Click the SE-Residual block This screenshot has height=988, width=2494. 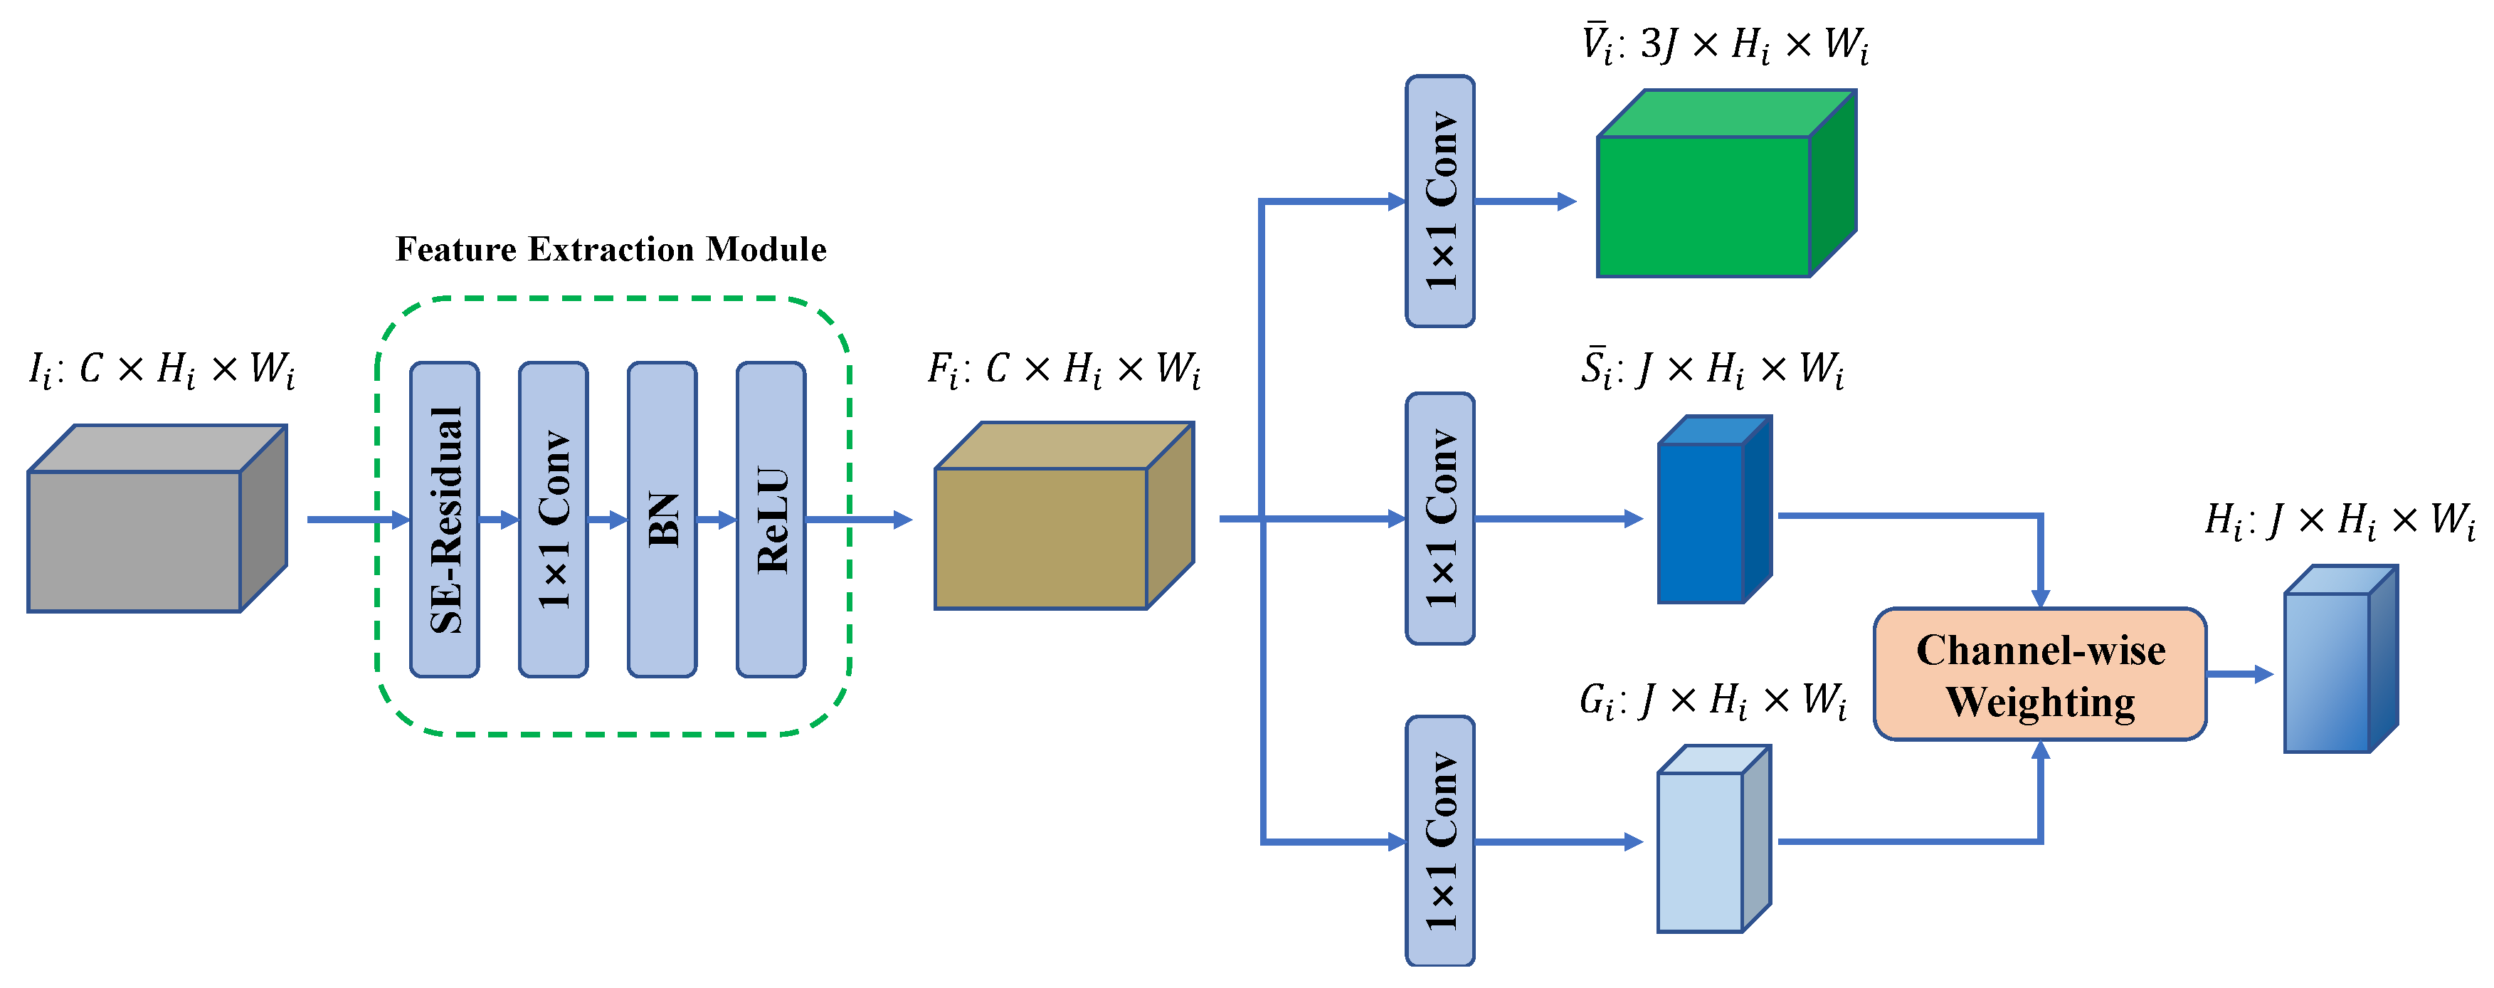(x=445, y=519)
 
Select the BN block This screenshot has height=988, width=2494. (x=662, y=519)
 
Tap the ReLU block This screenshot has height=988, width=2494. (x=771, y=519)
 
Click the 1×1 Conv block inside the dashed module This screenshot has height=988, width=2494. (x=553, y=519)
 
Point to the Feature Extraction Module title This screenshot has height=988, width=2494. (x=611, y=250)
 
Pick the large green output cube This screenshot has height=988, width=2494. (x=1704, y=205)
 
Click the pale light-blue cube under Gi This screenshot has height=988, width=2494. (x=1701, y=851)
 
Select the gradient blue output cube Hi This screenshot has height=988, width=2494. (x=2327, y=672)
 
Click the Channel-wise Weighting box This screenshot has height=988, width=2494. (x=2040, y=675)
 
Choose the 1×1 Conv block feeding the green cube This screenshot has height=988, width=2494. (x=1439, y=201)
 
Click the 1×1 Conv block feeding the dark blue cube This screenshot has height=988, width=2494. (x=1439, y=518)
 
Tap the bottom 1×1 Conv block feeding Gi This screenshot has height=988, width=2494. (x=1439, y=841)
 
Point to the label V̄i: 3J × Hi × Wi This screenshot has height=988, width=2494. (x=1724, y=45)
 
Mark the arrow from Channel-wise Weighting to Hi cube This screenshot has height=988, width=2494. (x=2239, y=674)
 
